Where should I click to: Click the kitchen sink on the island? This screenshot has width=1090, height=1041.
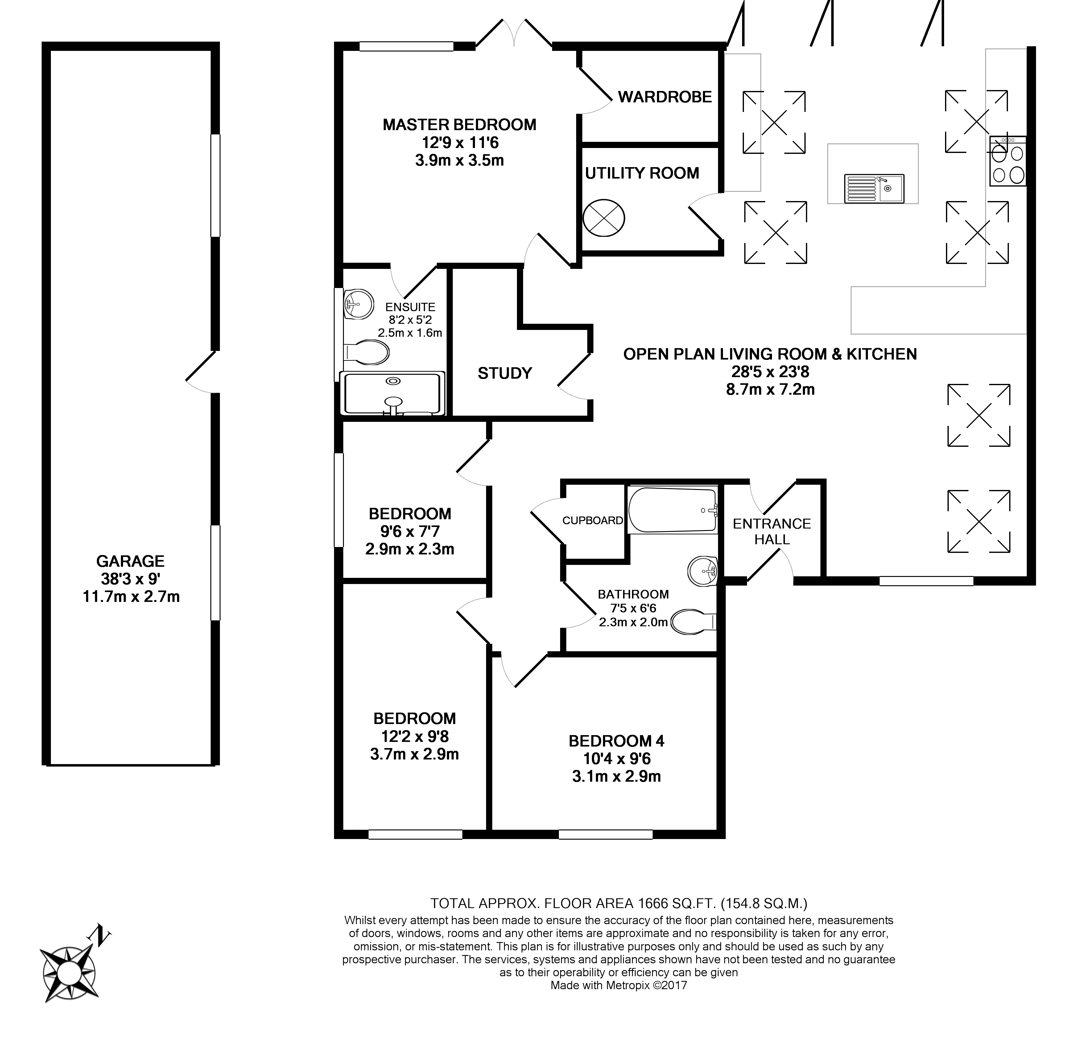click(873, 188)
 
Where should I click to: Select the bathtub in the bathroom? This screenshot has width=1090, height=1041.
click(672, 510)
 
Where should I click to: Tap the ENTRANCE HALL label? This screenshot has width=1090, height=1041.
click(771, 531)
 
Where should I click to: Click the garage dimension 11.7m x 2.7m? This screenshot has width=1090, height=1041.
click(131, 597)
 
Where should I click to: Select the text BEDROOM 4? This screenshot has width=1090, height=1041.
click(616, 741)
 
